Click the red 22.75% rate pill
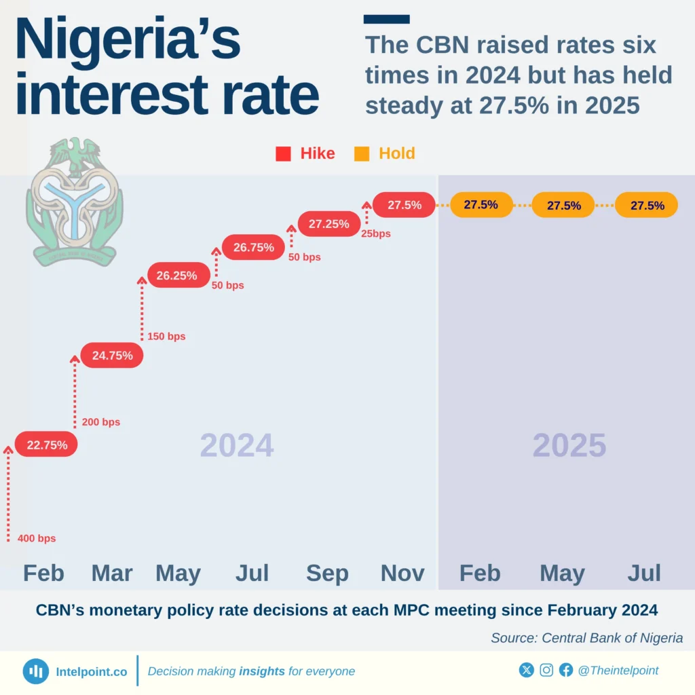[46, 445]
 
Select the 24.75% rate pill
[112, 355]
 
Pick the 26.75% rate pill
[253, 248]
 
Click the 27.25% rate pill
[328, 223]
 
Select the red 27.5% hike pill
[404, 205]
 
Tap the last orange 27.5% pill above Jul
[646, 205]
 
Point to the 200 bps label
[100, 422]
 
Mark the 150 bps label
[166, 337]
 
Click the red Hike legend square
[283, 154]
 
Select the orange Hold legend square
[362, 154]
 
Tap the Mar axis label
[112, 573]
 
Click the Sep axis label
[327, 573]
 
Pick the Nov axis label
[402, 573]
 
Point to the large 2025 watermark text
[569, 446]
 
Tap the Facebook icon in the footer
[566, 671]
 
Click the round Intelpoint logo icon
[35, 671]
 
